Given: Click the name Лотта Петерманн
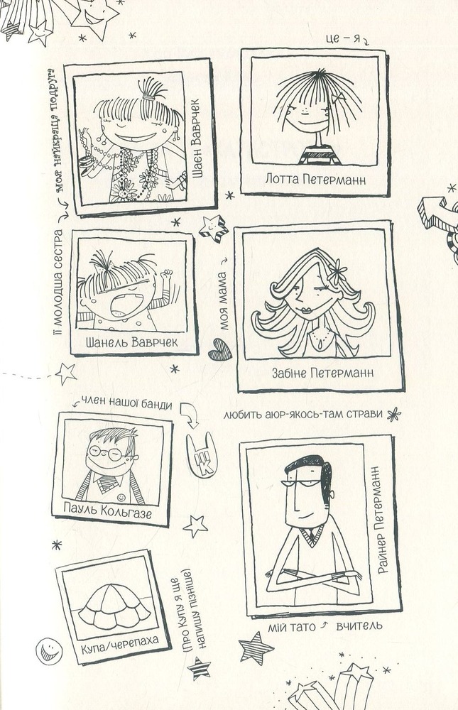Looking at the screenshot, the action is click(315, 180).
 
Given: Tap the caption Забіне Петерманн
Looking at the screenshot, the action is click(322, 373).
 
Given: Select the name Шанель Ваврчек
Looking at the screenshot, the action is click(131, 342).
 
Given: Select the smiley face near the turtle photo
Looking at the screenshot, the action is click(49, 650).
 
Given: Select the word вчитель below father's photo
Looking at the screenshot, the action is click(359, 626).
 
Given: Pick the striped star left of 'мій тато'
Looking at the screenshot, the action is click(256, 648).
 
